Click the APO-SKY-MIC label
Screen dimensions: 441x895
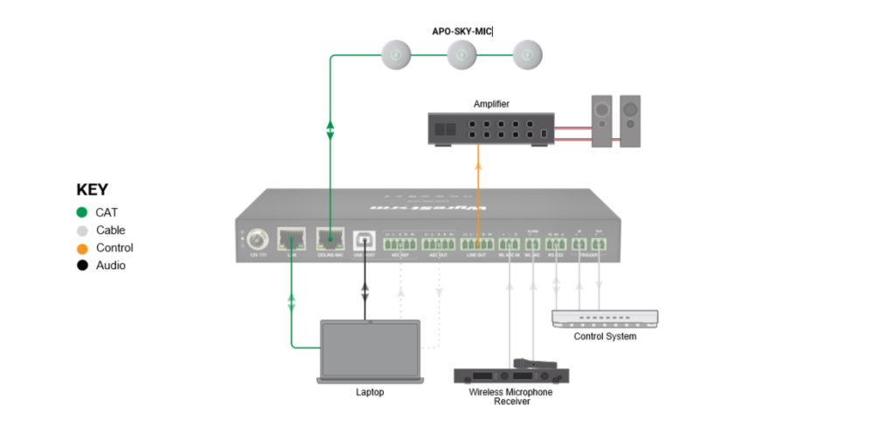pos(461,31)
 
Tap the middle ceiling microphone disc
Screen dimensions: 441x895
pos(461,55)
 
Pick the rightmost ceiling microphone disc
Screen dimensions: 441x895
pos(527,55)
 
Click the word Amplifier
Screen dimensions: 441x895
pos(491,104)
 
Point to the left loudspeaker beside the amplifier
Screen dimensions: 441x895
pos(601,121)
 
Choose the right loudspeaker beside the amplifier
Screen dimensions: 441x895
pos(629,121)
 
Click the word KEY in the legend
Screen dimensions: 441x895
pos(92,189)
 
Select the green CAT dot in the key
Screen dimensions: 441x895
pos(82,212)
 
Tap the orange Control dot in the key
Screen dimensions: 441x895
pos(82,248)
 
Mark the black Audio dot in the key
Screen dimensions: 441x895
pos(82,265)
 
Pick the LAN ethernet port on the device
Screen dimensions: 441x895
pos(290,239)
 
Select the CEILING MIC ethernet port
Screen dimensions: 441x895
pos(330,239)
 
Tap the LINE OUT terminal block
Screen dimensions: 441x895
pos(477,245)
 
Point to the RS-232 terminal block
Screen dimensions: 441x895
pos(556,245)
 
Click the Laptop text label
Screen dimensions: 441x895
pos(370,392)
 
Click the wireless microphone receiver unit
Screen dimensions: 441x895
pos(511,376)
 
